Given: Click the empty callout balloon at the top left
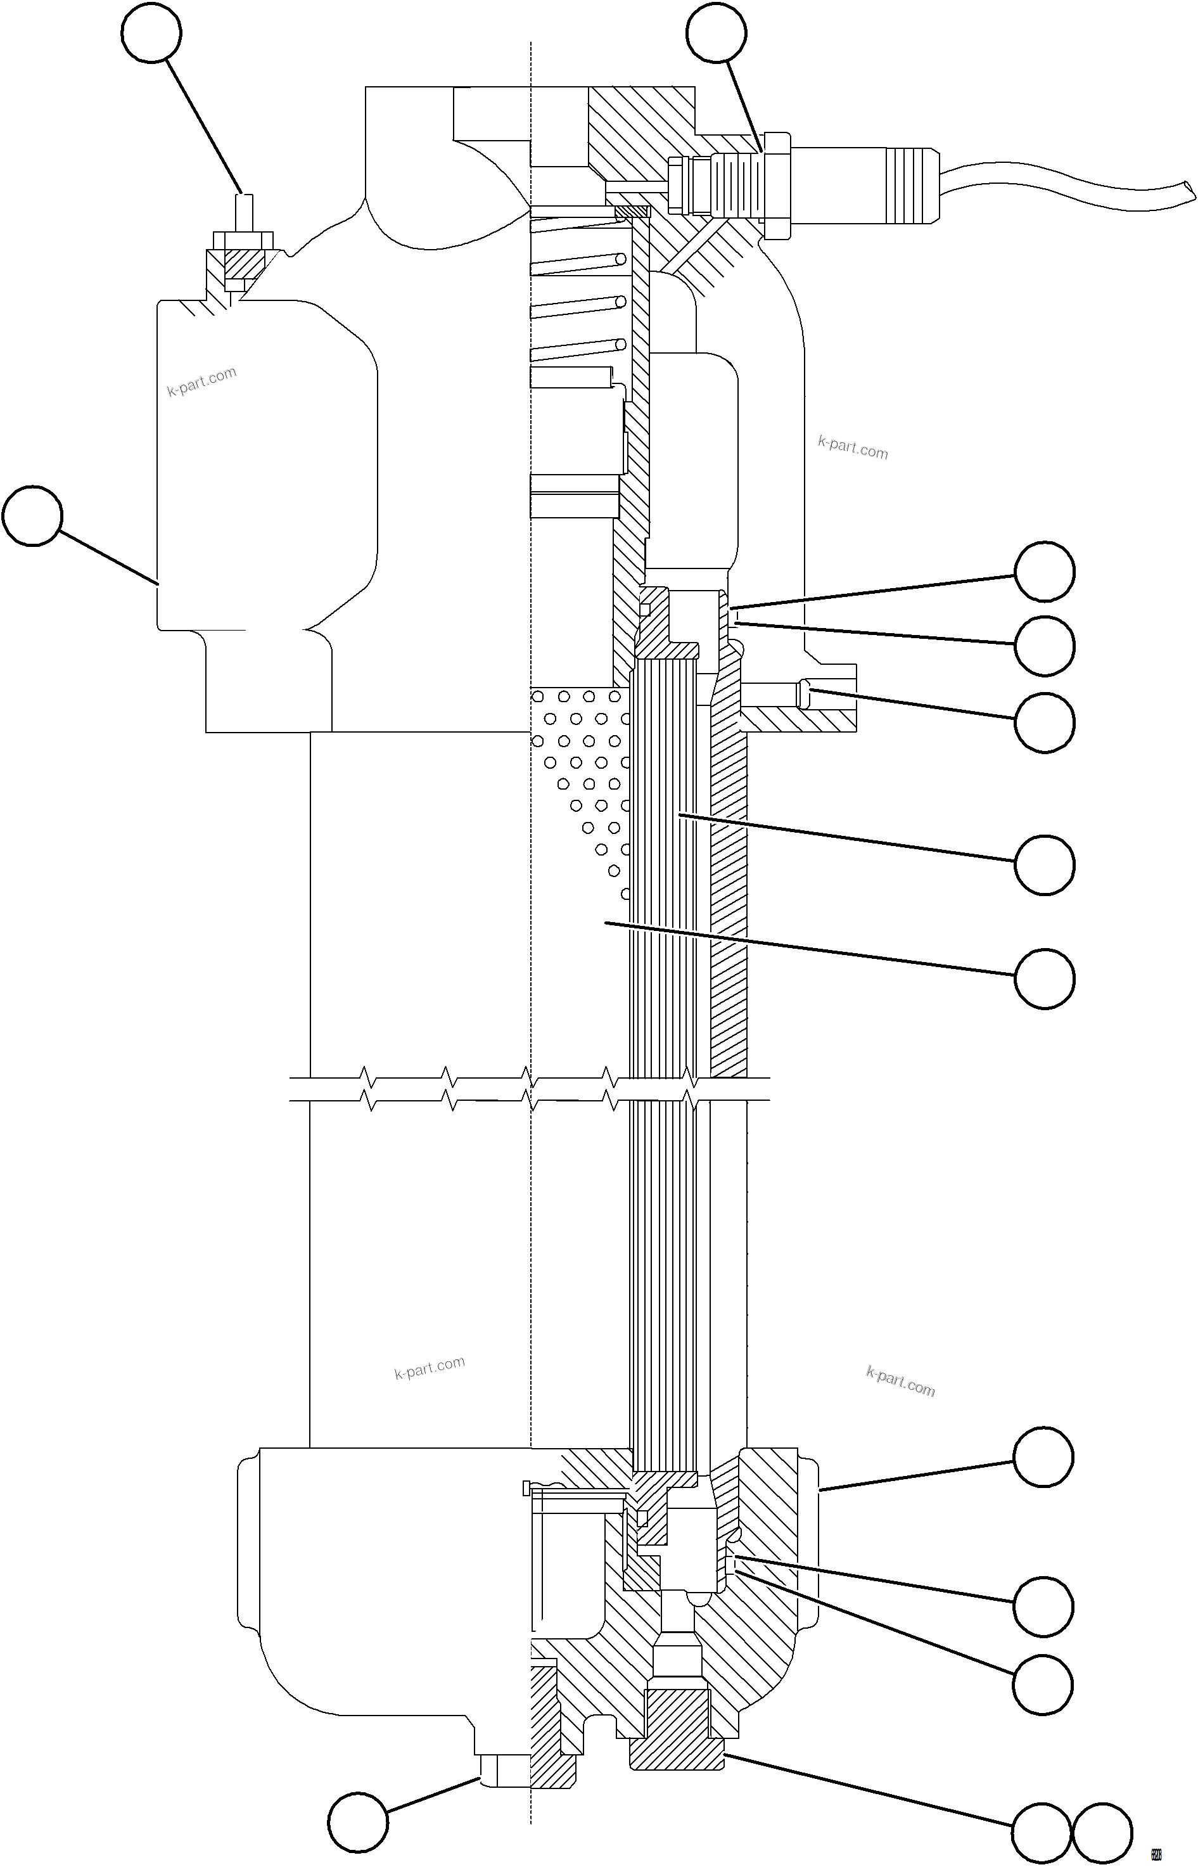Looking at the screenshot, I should point(151,33).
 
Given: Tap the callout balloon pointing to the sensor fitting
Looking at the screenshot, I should point(717,33).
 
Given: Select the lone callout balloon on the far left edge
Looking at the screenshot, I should point(32,516).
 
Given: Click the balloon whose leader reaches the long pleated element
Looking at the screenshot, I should point(1045,864).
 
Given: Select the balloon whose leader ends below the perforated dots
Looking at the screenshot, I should point(1045,978).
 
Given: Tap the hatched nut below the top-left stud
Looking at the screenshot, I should point(238,266).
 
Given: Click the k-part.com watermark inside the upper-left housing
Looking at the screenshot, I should point(201,382).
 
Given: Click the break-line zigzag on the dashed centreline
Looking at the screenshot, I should point(530,1089).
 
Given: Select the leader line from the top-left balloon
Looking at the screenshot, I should point(204,124).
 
